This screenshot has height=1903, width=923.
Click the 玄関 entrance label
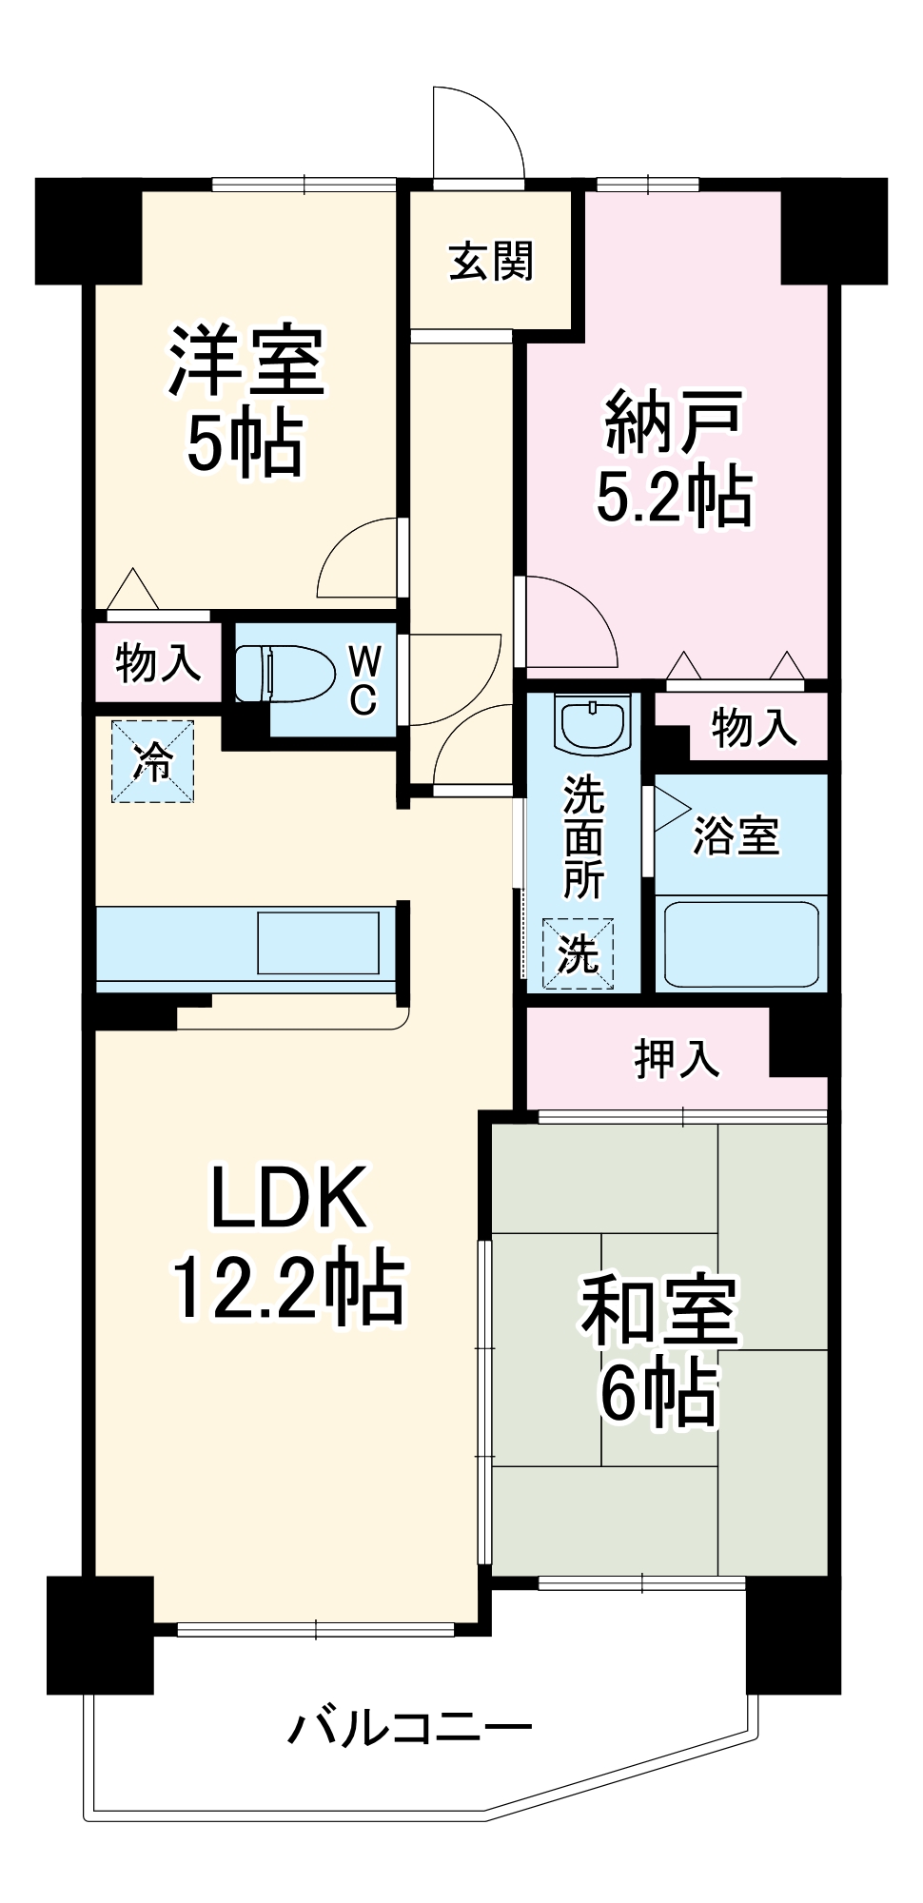(x=491, y=261)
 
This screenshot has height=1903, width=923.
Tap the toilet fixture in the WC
(x=284, y=674)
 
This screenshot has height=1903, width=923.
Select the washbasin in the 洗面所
(x=593, y=726)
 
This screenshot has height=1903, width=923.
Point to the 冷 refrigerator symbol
(x=152, y=761)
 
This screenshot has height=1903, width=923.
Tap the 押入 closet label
(x=677, y=1058)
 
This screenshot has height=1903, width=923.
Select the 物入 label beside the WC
(x=158, y=662)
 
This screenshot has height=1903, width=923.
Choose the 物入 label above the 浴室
(x=754, y=728)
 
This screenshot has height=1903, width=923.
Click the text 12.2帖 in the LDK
(x=287, y=1288)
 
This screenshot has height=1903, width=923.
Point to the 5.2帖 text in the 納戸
(x=674, y=497)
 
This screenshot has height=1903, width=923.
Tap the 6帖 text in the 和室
(x=658, y=1394)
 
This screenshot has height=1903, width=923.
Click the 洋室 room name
(x=246, y=362)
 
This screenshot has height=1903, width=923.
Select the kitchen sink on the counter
(x=318, y=942)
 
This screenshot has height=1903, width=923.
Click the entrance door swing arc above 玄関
(x=478, y=133)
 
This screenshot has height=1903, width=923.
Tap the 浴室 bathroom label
(x=736, y=836)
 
